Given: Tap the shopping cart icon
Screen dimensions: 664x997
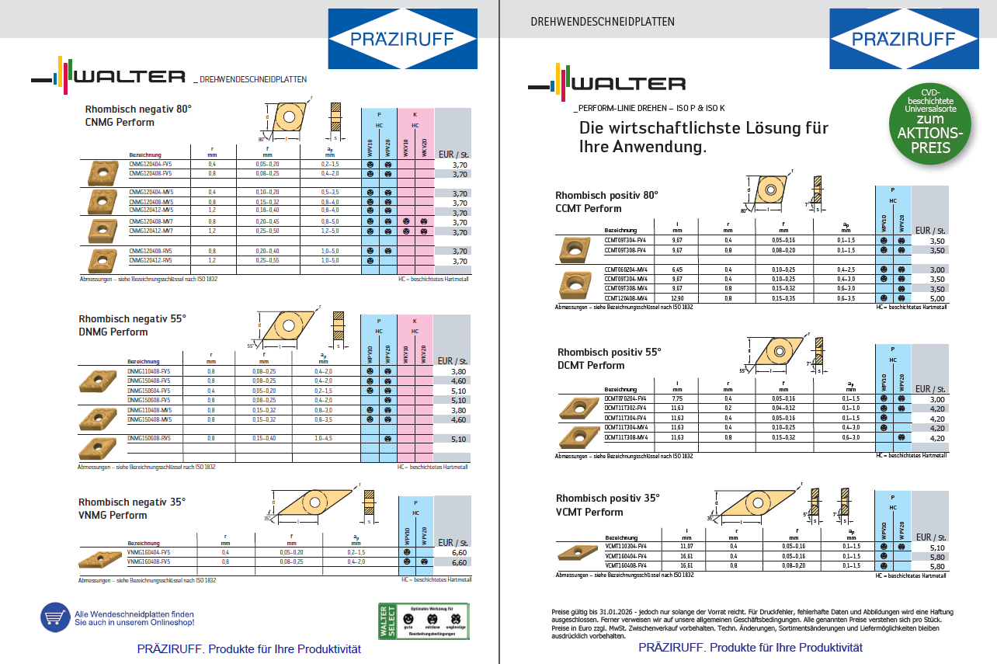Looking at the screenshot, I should pyautogui.click(x=54, y=617).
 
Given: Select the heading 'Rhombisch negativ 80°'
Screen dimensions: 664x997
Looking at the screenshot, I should pyautogui.click(x=138, y=110).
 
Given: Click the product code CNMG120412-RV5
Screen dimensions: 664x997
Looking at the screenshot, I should pyautogui.click(x=151, y=260).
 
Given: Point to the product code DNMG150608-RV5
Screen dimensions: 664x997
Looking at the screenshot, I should pyautogui.click(x=149, y=438).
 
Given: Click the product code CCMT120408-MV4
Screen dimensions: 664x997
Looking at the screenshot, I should pyautogui.click(x=626, y=298).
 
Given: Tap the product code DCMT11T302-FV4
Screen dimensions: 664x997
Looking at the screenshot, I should pyautogui.click(x=626, y=408).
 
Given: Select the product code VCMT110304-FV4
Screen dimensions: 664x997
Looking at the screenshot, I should pyautogui.click(x=626, y=547).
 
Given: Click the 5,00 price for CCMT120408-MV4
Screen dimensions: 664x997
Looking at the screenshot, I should pyautogui.click(x=937, y=298).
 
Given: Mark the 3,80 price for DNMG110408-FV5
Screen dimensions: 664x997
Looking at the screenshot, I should pyautogui.click(x=459, y=371).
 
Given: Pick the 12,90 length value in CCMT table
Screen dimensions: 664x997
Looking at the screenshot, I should pyautogui.click(x=677, y=298).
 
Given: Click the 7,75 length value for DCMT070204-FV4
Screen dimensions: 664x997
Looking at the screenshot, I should pyautogui.click(x=676, y=398).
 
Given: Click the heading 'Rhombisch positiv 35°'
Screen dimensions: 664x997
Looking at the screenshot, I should pyautogui.click(x=608, y=498).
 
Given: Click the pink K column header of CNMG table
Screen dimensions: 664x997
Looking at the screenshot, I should pyautogui.click(x=415, y=114).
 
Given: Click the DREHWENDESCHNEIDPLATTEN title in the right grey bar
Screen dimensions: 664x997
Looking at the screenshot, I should pyautogui.click(x=603, y=22).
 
